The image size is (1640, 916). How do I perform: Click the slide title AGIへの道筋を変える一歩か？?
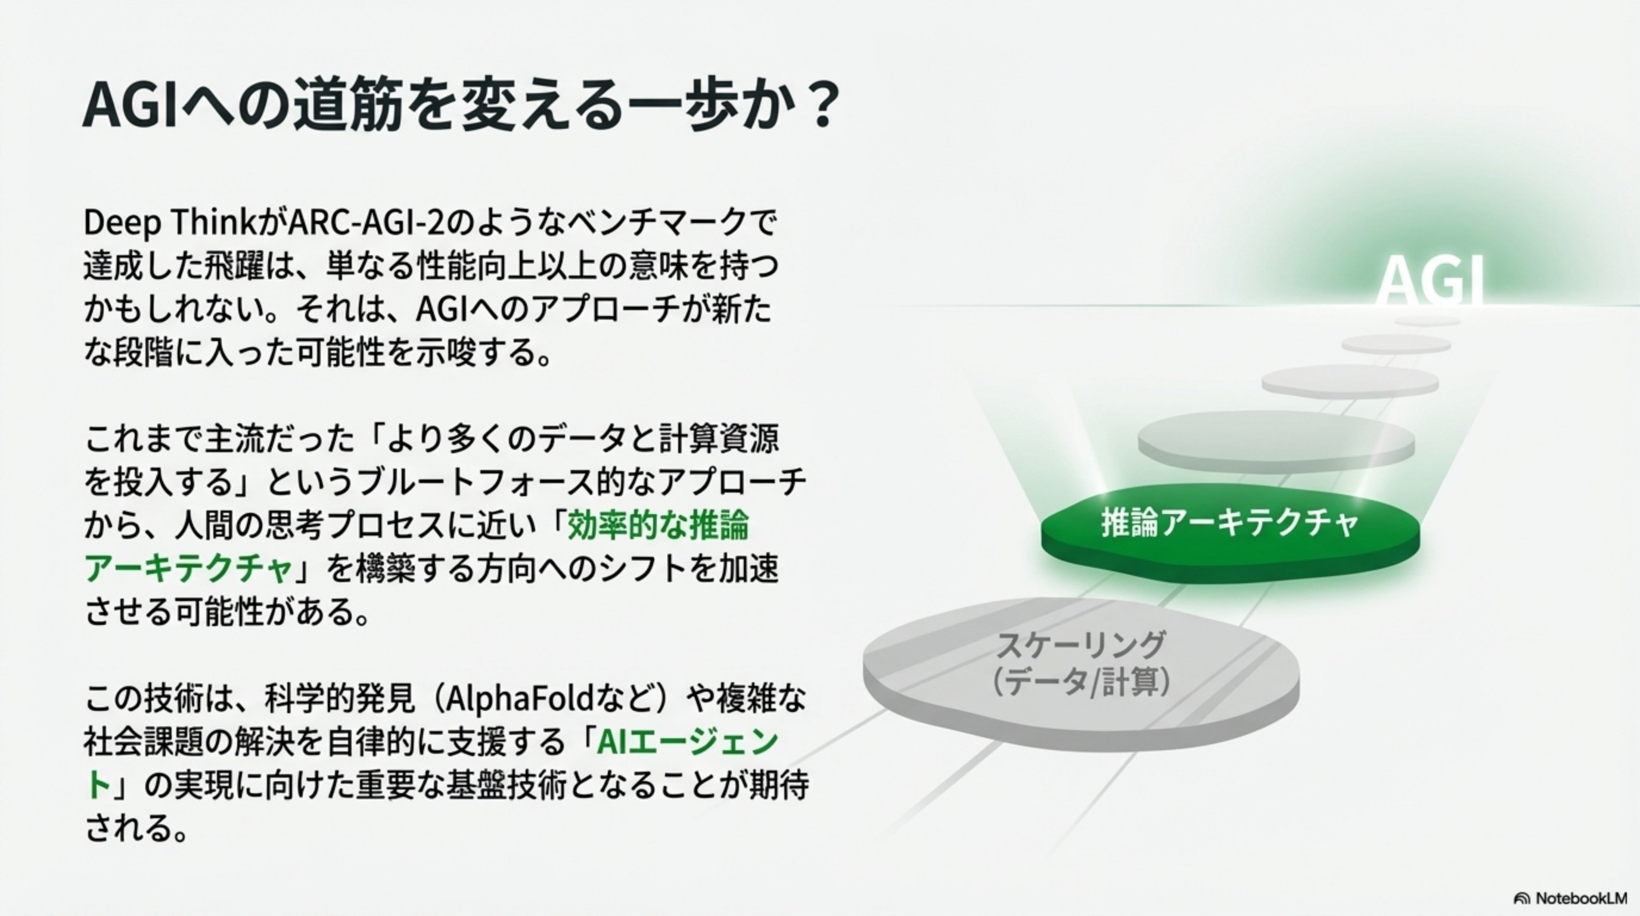(458, 105)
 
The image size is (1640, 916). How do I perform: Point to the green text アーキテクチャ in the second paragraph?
(188, 569)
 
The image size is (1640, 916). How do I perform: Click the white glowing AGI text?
(1429, 281)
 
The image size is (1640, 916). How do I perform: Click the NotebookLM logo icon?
(1521, 899)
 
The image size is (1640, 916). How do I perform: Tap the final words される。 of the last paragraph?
(136, 828)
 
